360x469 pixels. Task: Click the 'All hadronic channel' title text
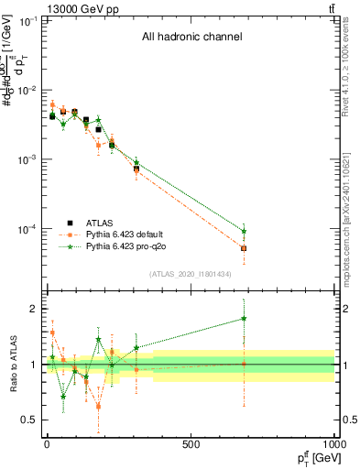pos(191,38)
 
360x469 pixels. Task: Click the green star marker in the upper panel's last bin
pos(244,231)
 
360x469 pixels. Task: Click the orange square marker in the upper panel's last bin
pos(244,248)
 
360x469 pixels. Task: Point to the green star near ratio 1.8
pos(244,319)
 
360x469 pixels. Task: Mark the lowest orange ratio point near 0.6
pos(98,405)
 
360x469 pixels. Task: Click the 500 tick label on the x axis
pos(191,444)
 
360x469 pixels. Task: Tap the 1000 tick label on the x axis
pos(333,444)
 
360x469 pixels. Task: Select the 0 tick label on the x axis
pos(47,444)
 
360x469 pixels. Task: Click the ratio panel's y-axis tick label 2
pos(33,310)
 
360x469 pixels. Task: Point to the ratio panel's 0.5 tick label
pos(29,420)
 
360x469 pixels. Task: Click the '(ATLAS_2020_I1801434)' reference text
pos(191,274)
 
